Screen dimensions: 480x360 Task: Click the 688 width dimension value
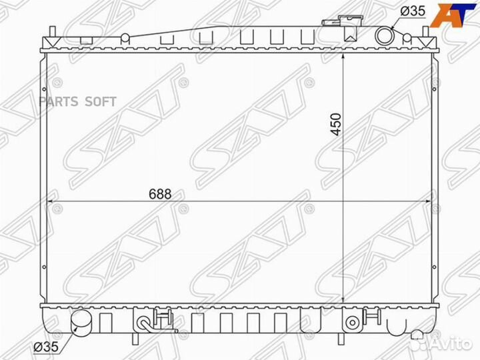(160, 194)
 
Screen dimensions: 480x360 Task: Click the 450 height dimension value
(336, 124)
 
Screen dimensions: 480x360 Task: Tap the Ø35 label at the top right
(413, 11)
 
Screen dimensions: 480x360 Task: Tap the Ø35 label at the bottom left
(46, 347)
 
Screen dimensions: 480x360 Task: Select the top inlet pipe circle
(384, 35)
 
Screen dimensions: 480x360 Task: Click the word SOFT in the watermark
(101, 101)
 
